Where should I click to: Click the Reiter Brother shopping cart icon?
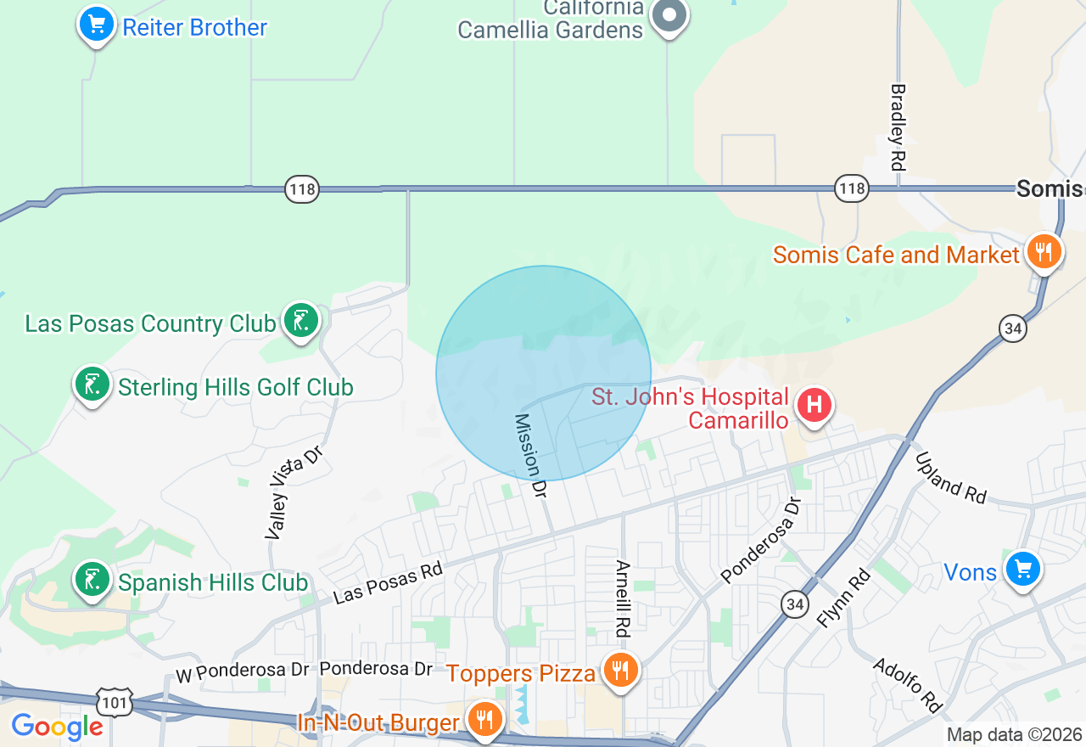pyautogui.click(x=97, y=25)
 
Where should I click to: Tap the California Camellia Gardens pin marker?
pyautogui.click(x=669, y=15)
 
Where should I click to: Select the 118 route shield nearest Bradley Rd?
pyautogui.click(x=851, y=188)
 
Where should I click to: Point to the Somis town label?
pyautogui.click(x=1050, y=188)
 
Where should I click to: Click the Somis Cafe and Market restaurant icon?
pyautogui.click(x=1044, y=252)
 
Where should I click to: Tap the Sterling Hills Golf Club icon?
pyautogui.click(x=92, y=385)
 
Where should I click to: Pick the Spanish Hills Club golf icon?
pyautogui.click(x=92, y=581)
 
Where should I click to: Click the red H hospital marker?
pyautogui.click(x=814, y=405)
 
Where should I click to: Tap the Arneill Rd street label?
pyautogui.click(x=624, y=598)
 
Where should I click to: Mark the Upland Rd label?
pyautogui.click(x=951, y=477)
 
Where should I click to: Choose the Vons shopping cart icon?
pyautogui.click(x=1022, y=569)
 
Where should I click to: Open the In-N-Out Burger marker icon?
pyautogui.click(x=484, y=720)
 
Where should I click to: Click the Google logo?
pyautogui.click(x=57, y=727)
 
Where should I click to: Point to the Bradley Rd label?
pyautogui.click(x=898, y=126)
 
